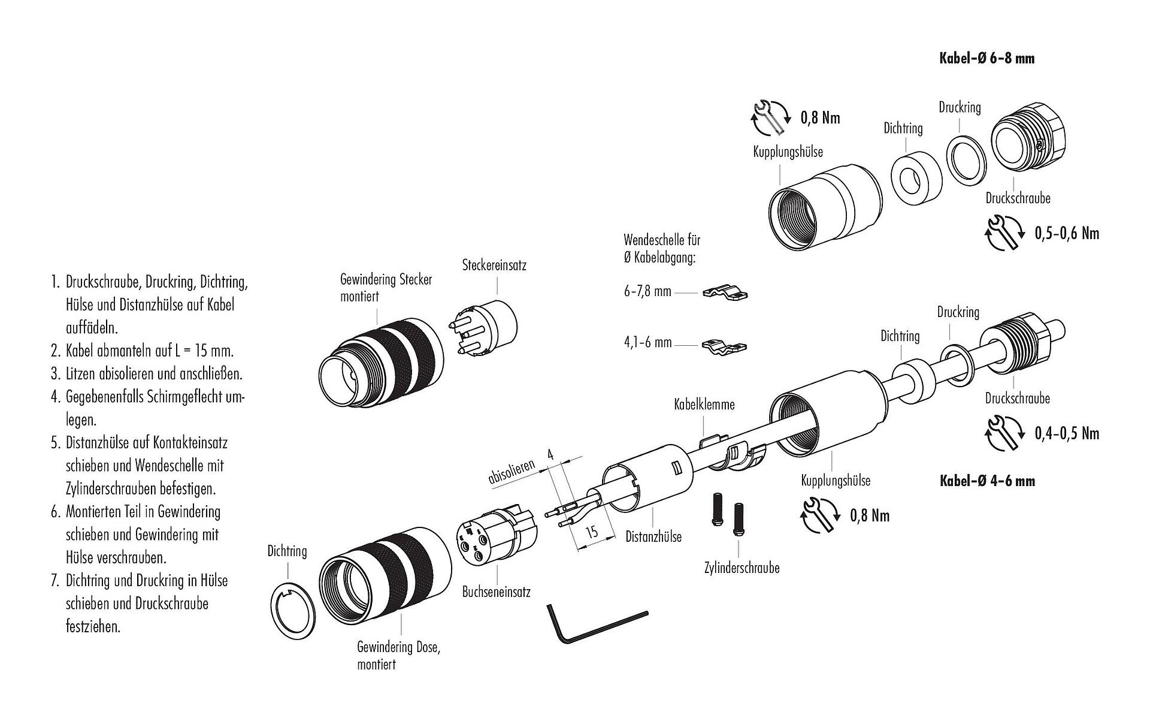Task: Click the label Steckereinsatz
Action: [x=494, y=265]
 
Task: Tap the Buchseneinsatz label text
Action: [x=496, y=592]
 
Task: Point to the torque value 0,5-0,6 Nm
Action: [x=1067, y=233]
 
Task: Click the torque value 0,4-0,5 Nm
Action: [x=1067, y=433]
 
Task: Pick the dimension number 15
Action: [x=592, y=532]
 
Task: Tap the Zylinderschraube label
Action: [x=742, y=568]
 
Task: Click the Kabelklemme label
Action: [x=704, y=405]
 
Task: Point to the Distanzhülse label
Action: [x=653, y=537]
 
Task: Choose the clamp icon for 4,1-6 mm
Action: [x=725, y=346]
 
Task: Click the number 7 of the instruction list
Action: [x=55, y=581]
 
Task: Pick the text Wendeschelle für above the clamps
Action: [x=662, y=240]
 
